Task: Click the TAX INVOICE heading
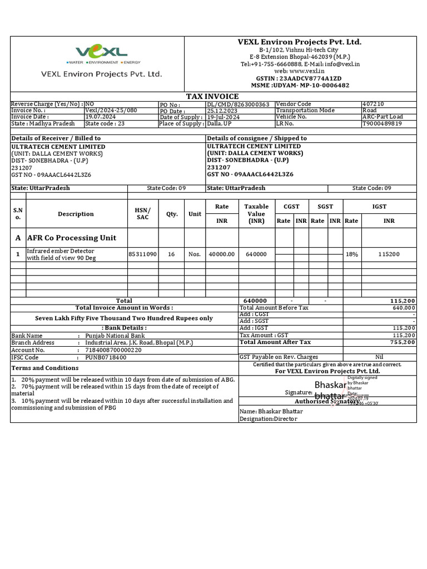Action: coord(212,97)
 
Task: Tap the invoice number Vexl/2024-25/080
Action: coord(111,111)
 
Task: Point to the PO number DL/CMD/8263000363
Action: coord(238,104)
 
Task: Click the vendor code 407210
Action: coord(373,104)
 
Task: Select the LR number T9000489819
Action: coord(381,124)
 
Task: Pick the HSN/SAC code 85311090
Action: coord(143,254)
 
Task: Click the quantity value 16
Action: coord(171,254)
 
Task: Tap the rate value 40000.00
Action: coord(222,254)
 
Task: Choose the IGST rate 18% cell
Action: coord(351,254)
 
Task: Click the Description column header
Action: coord(76,214)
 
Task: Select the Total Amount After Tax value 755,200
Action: coord(402,343)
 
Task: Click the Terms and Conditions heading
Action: coord(45,368)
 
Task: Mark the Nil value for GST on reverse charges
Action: coord(380,357)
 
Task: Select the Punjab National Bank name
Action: coord(115,336)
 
